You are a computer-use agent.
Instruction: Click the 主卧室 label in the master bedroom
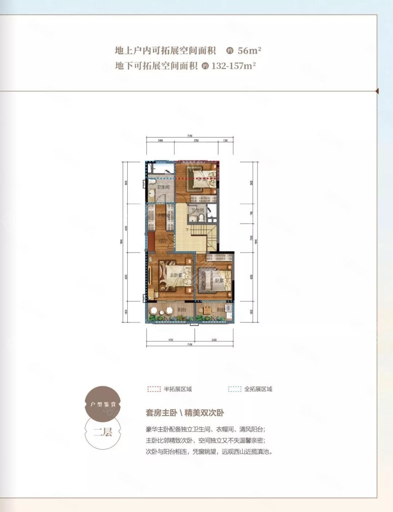(175, 276)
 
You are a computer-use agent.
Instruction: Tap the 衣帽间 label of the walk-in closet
(163, 216)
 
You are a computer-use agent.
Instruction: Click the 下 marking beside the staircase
(187, 230)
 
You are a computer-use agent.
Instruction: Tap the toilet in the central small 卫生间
(201, 218)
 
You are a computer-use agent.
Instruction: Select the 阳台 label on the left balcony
(182, 309)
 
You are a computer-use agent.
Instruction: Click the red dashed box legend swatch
(154, 389)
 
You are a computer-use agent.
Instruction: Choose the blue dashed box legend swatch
(235, 389)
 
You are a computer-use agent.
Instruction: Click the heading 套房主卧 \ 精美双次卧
(185, 413)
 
